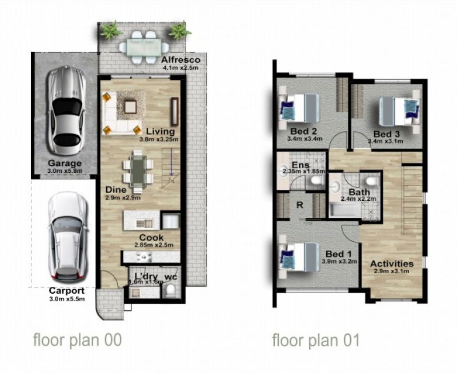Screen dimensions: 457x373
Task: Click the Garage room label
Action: pos(65,163)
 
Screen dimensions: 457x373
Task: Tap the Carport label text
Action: pos(67,290)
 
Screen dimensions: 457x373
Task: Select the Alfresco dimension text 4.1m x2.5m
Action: pos(181,68)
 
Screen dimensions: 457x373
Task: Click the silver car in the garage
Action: pos(66,110)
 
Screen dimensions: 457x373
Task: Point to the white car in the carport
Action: pos(67,237)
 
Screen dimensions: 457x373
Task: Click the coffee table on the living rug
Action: pos(130,107)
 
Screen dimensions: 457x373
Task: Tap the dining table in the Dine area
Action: pos(138,172)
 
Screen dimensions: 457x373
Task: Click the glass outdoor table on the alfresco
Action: pos(144,47)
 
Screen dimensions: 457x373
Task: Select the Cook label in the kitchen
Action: pos(151,237)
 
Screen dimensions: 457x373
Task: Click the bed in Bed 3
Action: pos(399,111)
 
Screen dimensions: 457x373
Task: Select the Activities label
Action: pos(392,263)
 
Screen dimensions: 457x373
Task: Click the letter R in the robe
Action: pos(299,205)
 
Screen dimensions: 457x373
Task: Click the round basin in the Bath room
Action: pos(335,186)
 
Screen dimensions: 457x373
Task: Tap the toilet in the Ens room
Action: pos(316,180)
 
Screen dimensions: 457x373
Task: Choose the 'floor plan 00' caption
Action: pos(77,340)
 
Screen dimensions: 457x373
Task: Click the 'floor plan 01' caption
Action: pos(316,340)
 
